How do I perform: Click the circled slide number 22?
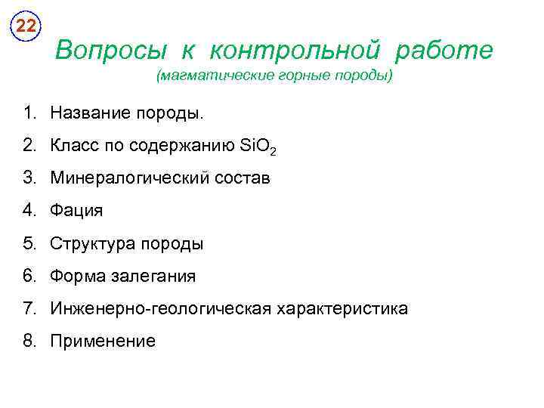26,26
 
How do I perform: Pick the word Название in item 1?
88,113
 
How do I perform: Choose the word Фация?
76,212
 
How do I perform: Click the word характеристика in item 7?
342,309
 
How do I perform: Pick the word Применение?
103,342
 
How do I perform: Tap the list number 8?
29,341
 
